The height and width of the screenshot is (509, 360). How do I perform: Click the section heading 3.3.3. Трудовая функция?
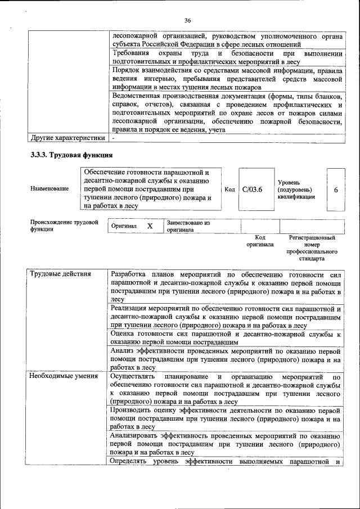[x=72, y=155]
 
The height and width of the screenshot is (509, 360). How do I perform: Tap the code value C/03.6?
[x=253, y=190]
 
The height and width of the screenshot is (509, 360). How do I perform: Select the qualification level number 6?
[x=336, y=190]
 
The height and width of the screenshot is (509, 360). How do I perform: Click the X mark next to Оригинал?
[x=150, y=226]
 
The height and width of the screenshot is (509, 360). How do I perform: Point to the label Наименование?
[x=50, y=189]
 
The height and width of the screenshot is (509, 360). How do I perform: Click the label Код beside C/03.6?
[x=229, y=190]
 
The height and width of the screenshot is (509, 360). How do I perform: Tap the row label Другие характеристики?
[x=67, y=137]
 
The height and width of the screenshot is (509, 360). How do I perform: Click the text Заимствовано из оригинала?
[x=188, y=227]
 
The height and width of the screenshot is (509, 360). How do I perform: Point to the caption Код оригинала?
[x=259, y=241]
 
